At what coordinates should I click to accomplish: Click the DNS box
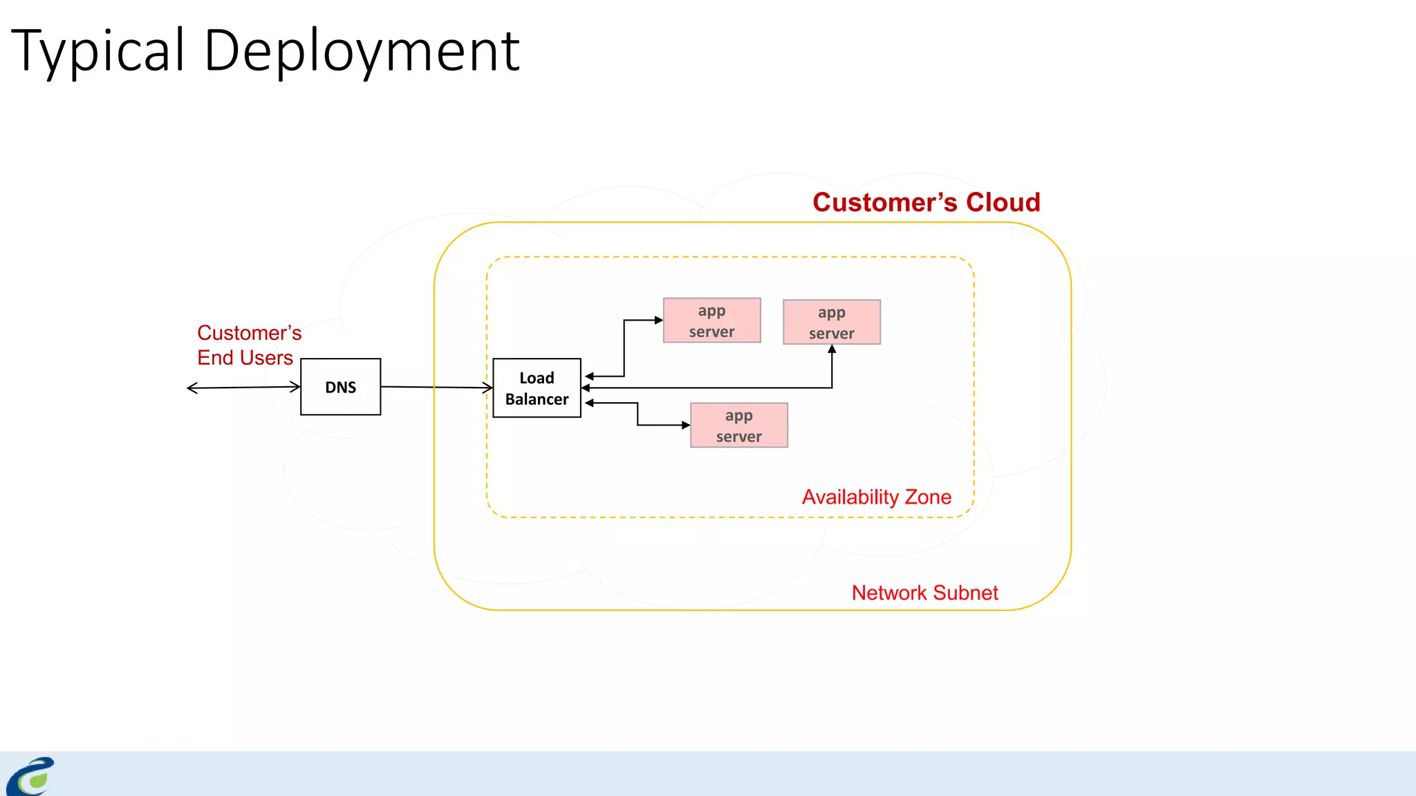340,387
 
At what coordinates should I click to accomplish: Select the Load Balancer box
537,388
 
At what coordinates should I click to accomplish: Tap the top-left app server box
711,321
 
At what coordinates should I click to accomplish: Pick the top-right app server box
831,322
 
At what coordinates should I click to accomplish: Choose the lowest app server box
738,426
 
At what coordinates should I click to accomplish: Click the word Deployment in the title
362,51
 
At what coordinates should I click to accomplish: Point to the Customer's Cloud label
926,202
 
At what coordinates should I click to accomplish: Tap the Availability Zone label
876,497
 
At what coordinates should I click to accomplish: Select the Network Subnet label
924,593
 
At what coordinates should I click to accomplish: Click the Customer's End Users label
249,345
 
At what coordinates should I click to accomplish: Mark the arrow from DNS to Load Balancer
436,387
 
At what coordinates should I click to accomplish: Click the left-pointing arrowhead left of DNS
192,388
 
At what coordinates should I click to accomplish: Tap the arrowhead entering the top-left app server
659,320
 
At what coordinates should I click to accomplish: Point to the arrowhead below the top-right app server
832,350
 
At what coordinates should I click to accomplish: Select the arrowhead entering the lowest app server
686,425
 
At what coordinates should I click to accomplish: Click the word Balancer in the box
537,399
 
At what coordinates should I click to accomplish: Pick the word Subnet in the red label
965,593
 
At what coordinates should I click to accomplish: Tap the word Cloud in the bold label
1003,202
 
